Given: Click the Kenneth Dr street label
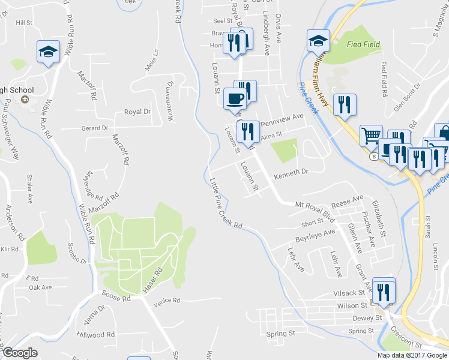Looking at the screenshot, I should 291,172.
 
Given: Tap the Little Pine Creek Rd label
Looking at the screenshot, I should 226,203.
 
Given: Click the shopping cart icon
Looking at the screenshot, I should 371,136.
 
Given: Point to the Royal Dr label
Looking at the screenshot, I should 137,112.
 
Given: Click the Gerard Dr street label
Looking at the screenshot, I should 95,128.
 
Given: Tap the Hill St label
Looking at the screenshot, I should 24,22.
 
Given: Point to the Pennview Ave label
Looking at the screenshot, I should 282,118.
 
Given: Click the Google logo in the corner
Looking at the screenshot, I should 20,353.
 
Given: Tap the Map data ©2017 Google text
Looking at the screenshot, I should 412,355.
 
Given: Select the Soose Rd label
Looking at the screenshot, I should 116,298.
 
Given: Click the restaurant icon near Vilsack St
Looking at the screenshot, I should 384,291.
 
